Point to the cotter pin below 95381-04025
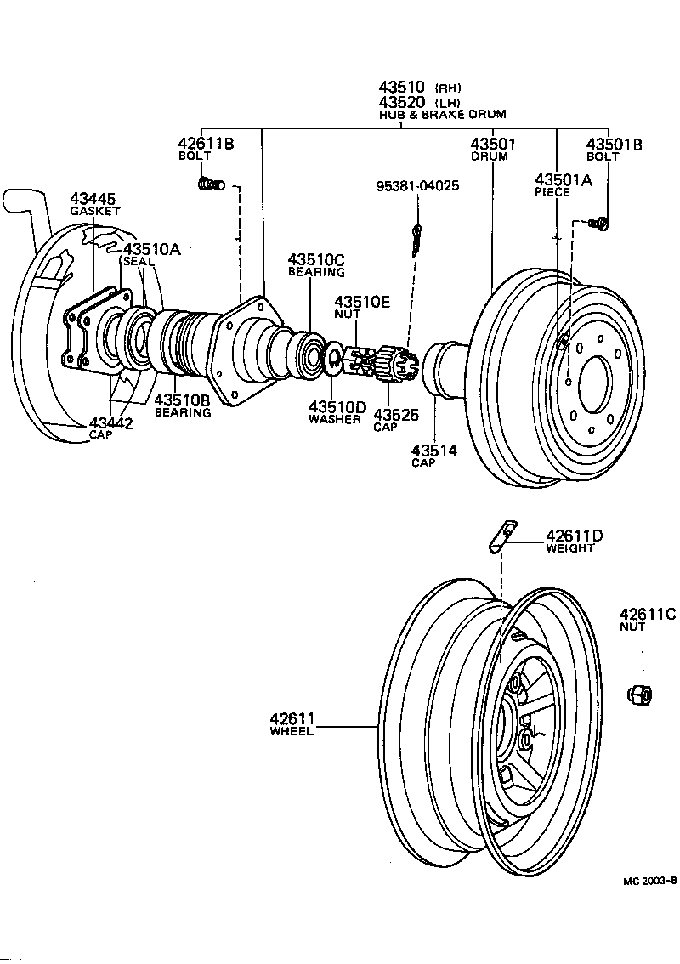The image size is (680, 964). pos(416,241)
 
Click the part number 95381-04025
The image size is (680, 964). pos(419,185)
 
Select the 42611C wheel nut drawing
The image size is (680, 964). pos(637,693)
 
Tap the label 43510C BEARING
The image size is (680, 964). pos(315,264)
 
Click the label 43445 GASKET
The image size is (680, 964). pos(93,204)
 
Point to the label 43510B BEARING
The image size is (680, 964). pos(182,404)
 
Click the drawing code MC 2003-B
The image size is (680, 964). pos(649,882)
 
